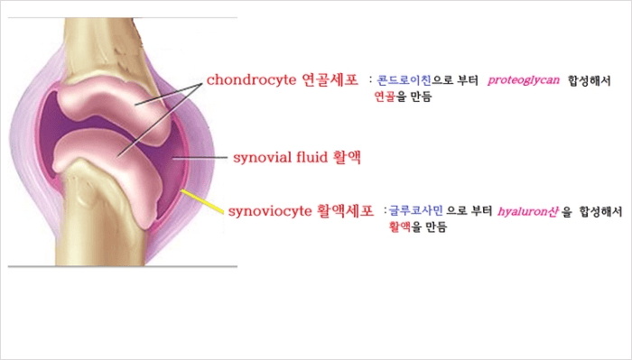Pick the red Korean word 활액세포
coord(345,212)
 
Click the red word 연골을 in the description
coord(388,96)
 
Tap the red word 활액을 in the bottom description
coord(404,226)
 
